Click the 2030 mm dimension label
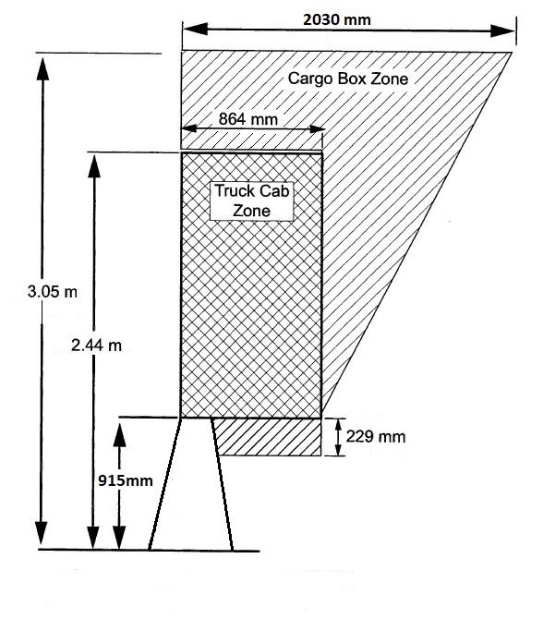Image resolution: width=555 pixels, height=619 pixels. [337, 19]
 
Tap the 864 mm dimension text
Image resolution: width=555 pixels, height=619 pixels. [248, 119]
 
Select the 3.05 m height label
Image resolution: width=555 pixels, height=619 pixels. [53, 292]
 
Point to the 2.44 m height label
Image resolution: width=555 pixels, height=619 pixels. [96, 346]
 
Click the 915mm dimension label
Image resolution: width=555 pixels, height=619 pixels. [126, 480]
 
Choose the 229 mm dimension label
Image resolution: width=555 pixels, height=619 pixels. [376, 437]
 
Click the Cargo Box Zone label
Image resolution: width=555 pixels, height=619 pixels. [348, 79]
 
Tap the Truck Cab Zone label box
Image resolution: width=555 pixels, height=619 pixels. [252, 200]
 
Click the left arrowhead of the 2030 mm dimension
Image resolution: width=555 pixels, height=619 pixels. [195, 29]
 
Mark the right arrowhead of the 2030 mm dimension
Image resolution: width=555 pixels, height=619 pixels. [503, 30]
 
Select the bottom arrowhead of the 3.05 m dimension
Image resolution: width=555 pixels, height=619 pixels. [41, 534]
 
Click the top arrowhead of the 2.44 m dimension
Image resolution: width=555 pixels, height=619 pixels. [94, 165]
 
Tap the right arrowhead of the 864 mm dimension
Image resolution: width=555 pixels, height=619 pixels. [317, 129]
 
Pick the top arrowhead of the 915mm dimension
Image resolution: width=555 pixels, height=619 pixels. [119, 434]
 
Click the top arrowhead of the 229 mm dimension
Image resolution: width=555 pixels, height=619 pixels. [338, 425]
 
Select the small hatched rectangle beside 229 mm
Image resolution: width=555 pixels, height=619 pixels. [267, 437]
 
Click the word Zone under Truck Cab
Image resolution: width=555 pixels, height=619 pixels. [252, 211]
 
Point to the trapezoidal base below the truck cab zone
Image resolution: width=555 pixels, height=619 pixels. [191, 483]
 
